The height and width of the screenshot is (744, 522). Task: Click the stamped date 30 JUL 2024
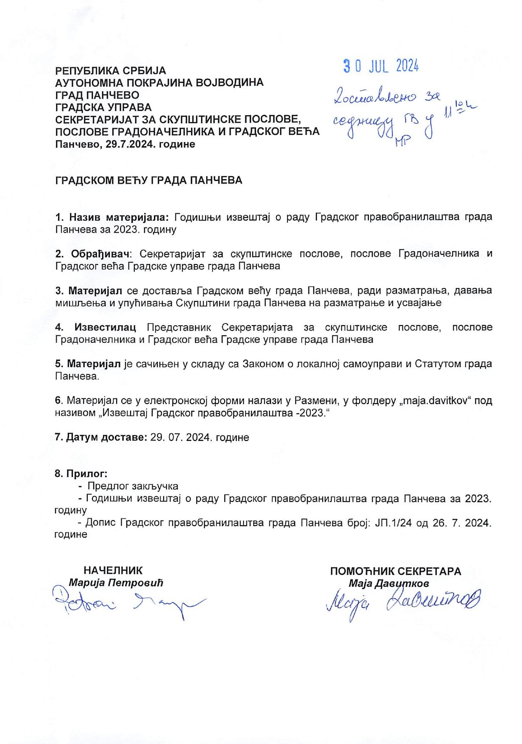381,66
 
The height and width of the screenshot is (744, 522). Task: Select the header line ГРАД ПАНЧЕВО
97,95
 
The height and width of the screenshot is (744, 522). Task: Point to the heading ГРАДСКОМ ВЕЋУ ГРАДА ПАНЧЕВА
148,180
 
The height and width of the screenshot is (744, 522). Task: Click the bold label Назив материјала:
112,217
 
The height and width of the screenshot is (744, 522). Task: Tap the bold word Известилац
105,327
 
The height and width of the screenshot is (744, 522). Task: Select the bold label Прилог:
81,473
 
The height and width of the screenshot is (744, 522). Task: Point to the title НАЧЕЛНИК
113,571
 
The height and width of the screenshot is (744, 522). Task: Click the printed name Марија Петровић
116,582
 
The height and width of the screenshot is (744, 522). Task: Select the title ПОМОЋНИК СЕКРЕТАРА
396,571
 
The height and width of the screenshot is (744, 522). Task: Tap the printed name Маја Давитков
389,583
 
